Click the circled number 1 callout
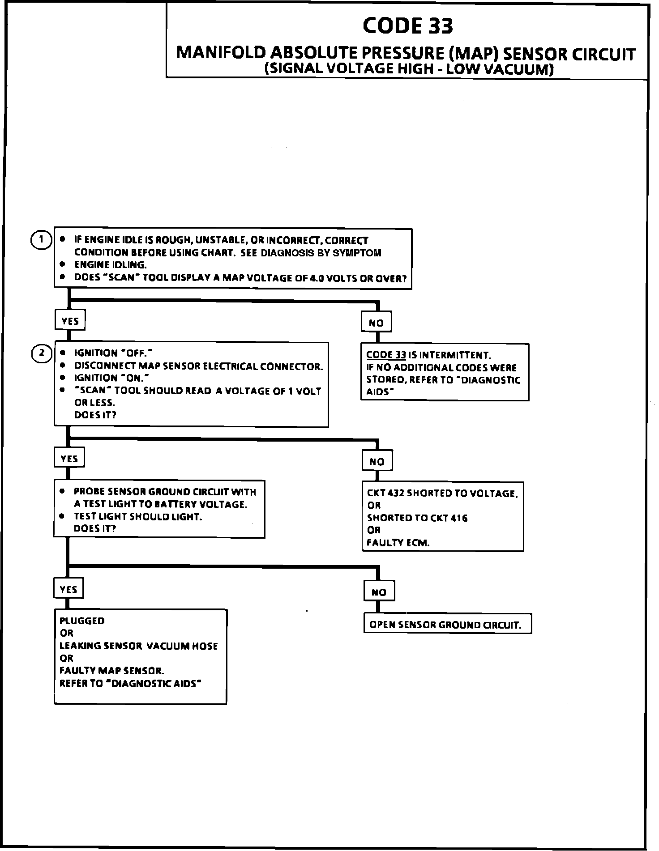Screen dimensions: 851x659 41,240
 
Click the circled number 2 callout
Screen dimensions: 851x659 42,353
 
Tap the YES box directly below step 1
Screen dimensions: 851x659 70,321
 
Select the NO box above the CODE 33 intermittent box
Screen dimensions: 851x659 376,323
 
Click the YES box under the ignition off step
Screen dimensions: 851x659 69,459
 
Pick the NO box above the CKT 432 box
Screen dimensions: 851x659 377,461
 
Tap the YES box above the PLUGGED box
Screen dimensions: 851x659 68,589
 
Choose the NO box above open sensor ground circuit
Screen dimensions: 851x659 379,592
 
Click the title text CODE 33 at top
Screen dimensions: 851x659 407,26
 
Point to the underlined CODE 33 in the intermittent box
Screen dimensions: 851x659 386,355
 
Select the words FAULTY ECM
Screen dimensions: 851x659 398,543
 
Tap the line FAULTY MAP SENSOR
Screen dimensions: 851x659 112,671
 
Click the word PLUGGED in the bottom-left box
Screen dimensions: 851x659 82,621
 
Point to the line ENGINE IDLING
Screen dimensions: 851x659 111,265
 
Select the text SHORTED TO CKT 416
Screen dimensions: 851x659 417,518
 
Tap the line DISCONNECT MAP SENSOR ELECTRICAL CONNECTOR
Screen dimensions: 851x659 198,366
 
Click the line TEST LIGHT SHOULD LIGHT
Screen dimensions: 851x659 138,516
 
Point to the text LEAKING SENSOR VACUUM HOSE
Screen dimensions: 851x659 138,646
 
